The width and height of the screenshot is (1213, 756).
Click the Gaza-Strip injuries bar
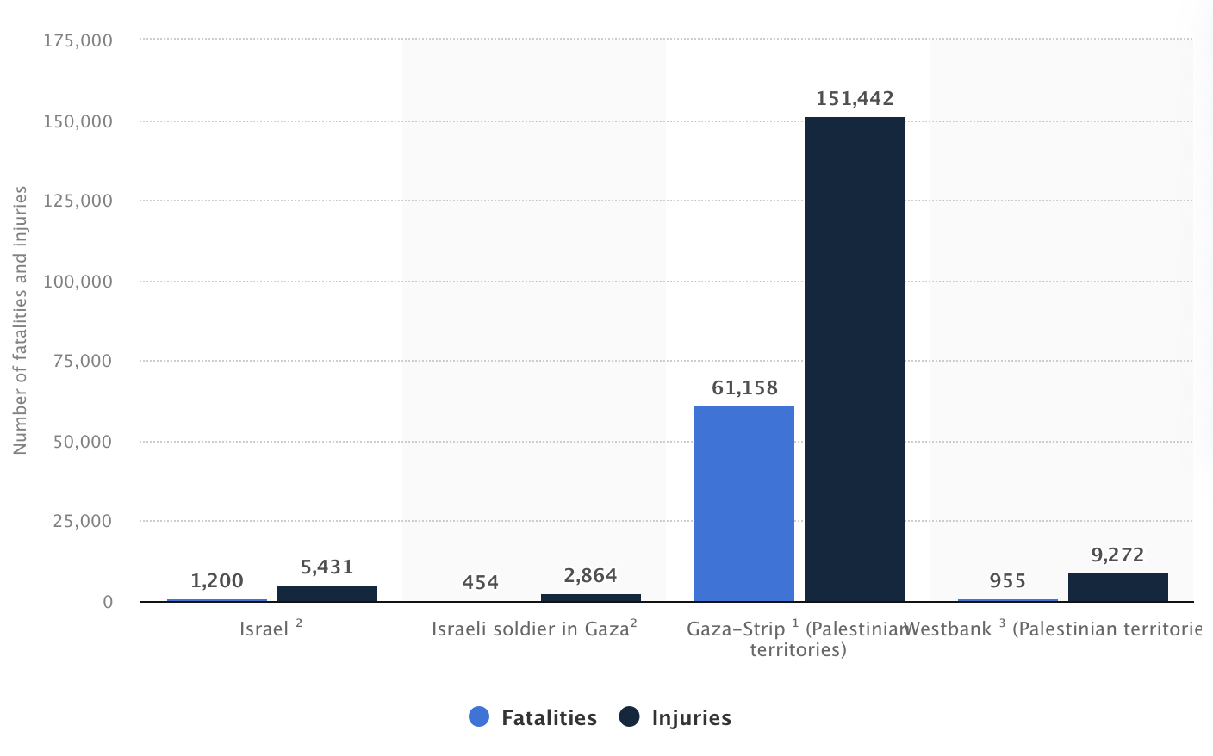point(854,359)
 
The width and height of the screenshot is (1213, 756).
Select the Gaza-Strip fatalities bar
point(743,504)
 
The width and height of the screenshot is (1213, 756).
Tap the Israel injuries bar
point(327,593)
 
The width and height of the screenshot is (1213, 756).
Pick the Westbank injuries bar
point(1117,587)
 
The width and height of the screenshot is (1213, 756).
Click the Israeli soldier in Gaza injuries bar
point(590,598)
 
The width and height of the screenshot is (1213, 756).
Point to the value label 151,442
point(855,99)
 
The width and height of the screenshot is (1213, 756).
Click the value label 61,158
point(744,388)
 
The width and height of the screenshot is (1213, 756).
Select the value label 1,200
point(217,581)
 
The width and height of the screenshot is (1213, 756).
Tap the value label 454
point(480,583)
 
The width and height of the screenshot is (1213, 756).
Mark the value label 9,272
point(1117,555)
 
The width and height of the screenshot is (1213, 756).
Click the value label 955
point(1007,581)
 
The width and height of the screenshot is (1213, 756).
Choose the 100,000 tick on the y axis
point(78,282)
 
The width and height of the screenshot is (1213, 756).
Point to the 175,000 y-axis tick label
point(78,40)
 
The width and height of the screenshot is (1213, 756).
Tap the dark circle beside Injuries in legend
point(630,716)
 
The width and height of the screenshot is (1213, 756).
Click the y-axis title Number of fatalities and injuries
point(21,320)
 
